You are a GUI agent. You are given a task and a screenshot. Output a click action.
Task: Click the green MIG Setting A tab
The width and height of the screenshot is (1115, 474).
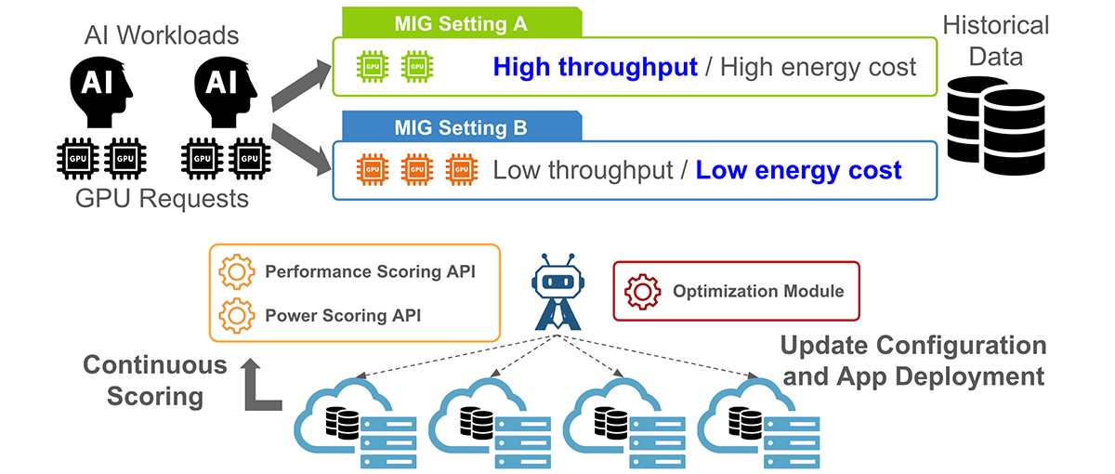[461, 22]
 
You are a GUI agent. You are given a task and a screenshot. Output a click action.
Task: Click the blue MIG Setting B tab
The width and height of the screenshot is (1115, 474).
[461, 126]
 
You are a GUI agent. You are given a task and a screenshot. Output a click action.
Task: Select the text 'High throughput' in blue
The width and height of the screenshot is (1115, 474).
[595, 67]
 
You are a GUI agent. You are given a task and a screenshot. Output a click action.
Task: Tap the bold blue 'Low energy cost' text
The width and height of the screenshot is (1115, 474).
[798, 170]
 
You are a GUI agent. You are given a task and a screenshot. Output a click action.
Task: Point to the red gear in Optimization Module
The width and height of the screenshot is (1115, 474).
[642, 291]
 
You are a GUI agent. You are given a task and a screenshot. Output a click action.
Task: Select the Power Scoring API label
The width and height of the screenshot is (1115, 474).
[343, 315]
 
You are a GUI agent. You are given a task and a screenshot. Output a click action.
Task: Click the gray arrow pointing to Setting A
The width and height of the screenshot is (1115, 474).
[299, 82]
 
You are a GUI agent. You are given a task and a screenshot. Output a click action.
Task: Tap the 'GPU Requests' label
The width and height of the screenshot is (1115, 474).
[163, 198]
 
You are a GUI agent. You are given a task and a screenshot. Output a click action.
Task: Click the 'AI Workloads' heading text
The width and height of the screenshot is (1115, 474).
[162, 35]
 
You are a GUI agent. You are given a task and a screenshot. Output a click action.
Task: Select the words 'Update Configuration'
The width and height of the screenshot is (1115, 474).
[912, 346]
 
